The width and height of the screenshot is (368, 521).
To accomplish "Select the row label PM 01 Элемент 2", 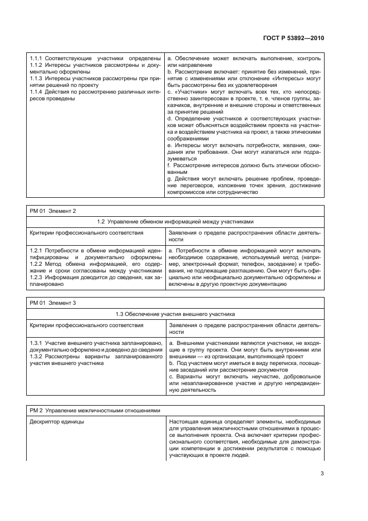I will (52, 211).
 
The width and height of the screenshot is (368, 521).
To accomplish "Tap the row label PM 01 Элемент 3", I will (52, 303).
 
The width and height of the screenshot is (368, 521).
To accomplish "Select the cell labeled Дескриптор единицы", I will (56, 422).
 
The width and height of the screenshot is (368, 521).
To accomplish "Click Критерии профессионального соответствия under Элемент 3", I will (86, 324).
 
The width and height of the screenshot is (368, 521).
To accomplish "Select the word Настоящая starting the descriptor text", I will (183, 422).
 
